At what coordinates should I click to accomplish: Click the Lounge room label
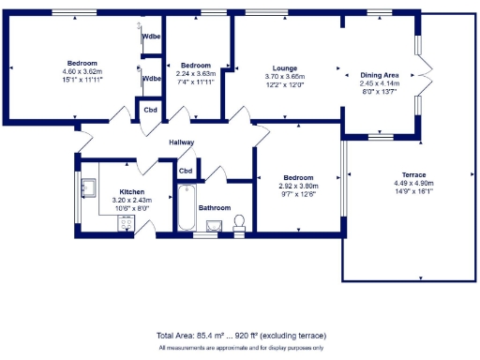point(284,68)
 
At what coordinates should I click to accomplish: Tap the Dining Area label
point(380,75)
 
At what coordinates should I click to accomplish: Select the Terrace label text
point(413,175)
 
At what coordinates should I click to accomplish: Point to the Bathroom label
point(214,207)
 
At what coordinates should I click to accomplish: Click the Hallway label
point(181,142)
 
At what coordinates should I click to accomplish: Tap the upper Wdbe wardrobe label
point(151,37)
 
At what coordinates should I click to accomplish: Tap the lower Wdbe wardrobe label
point(151,79)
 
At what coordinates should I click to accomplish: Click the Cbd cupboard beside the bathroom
point(186,171)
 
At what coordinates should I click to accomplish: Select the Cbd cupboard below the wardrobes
point(150,110)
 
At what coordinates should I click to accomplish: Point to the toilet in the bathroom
point(239,221)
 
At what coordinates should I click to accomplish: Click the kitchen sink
point(89,187)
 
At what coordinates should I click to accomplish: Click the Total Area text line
point(240,335)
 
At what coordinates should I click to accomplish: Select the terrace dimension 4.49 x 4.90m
point(413,184)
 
